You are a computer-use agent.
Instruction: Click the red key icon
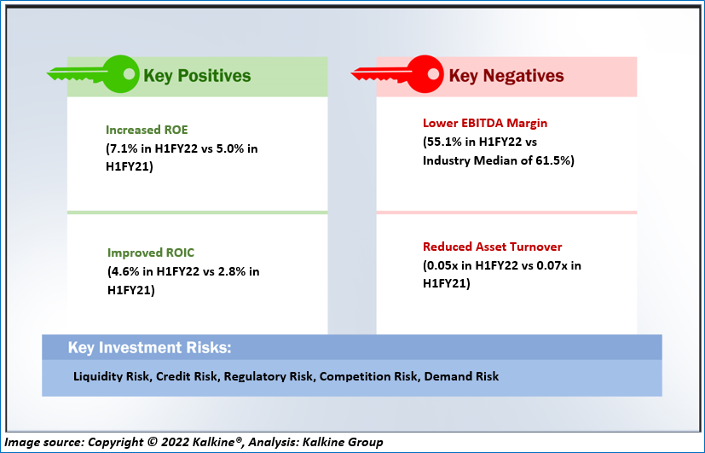pos(397,74)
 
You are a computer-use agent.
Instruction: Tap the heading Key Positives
pos(197,76)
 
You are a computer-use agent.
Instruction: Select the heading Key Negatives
pos(506,76)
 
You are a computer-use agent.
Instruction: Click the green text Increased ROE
pos(147,130)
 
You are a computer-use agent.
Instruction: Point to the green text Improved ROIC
pos(151,253)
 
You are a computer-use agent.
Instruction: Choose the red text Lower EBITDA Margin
pos(485,123)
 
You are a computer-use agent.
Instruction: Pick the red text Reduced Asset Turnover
pos(493,247)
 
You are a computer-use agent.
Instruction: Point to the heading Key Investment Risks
pos(150,348)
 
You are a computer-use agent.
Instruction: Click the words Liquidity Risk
pos(111,376)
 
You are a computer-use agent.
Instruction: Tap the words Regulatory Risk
pos(269,376)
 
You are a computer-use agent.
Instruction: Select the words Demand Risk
pos(461,376)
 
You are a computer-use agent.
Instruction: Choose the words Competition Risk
pos(368,376)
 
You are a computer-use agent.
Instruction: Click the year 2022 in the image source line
pos(176,442)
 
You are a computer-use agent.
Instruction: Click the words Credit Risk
pos(187,376)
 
